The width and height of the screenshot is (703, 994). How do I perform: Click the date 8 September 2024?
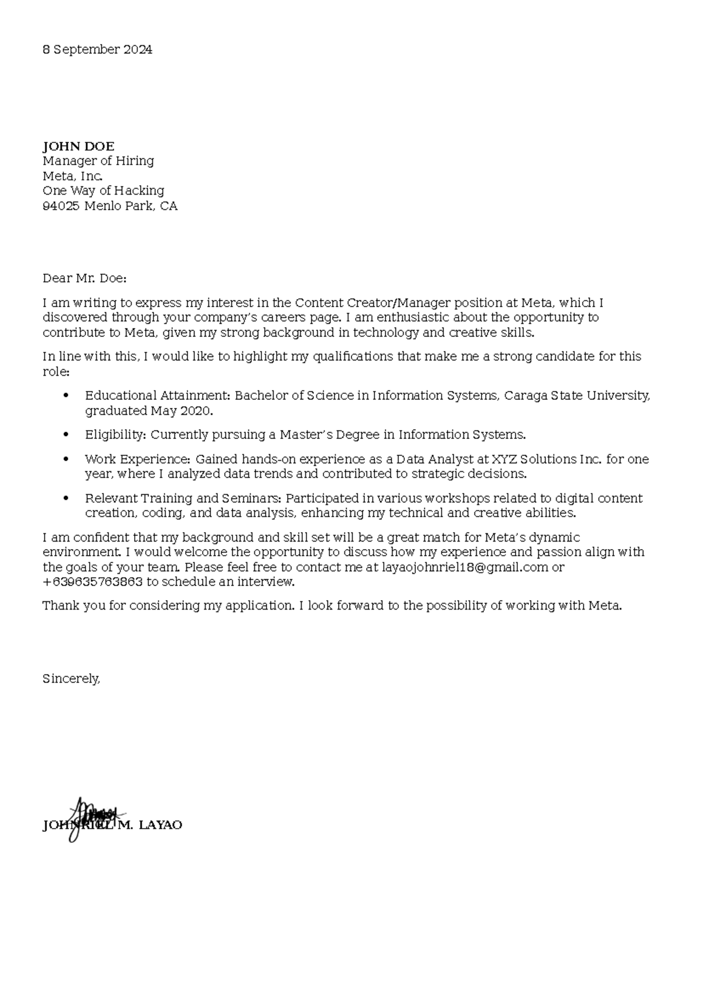click(x=97, y=50)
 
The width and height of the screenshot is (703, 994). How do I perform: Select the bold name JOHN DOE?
click(x=79, y=147)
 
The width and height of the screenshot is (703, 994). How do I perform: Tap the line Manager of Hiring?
click(x=98, y=161)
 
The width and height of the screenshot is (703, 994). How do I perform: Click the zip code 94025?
click(x=61, y=206)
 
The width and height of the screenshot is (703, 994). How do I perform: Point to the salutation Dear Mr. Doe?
click(x=84, y=278)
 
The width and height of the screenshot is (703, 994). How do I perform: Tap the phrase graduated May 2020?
click(x=149, y=411)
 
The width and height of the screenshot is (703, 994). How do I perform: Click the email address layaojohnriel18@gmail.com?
click(x=465, y=567)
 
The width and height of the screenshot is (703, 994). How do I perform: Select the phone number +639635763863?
click(x=93, y=582)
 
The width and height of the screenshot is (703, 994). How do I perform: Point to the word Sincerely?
click(x=71, y=679)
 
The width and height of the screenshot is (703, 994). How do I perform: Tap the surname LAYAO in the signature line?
click(x=161, y=825)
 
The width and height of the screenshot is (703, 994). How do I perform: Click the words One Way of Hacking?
click(x=103, y=191)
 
